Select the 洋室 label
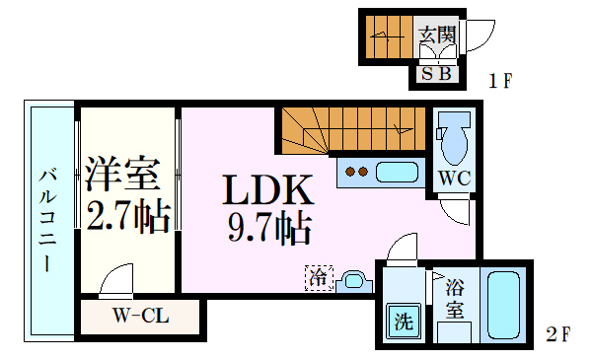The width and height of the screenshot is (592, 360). tap(123, 174)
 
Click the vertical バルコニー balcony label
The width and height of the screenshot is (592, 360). tap(47, 222)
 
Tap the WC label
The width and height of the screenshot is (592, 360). tap(454, 180)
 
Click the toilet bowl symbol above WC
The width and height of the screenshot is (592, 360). tap(455, 139)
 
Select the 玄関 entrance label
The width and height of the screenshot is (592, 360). tap(437, 36)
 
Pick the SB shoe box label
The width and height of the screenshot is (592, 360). tap(437, 73)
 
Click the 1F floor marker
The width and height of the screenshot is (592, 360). tap(500, 80)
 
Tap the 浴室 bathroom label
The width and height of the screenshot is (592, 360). tap(455, 299)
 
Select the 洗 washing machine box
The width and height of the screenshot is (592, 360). tap(403, 322)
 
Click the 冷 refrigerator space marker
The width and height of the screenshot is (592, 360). tap(319, 278)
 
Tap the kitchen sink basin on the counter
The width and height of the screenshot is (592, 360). tap(398, 173)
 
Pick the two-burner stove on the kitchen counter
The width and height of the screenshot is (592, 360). tap(356, 173)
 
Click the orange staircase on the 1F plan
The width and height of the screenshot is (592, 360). tap(386, 36)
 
